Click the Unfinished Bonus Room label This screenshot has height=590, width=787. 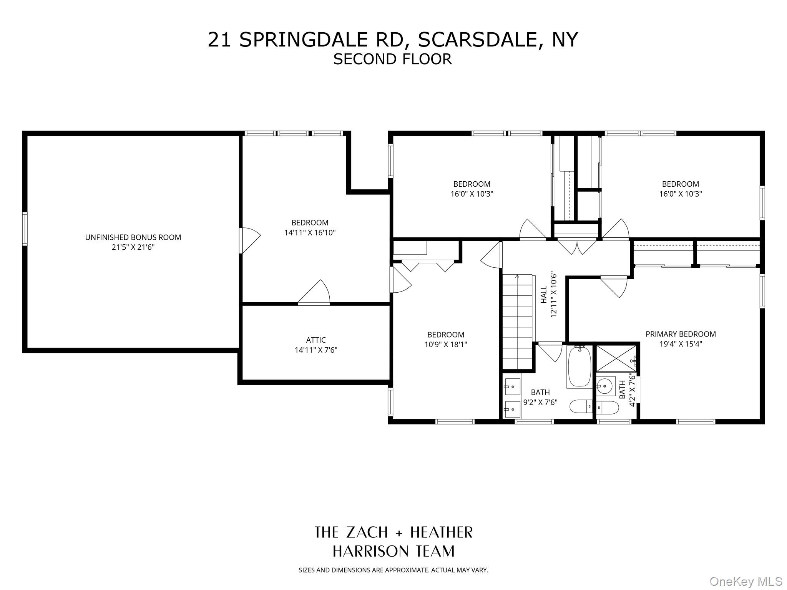(133, 237)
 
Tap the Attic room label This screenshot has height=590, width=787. (316, 340)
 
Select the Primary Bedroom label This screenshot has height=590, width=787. (681, 334)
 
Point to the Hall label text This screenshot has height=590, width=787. (544, 295)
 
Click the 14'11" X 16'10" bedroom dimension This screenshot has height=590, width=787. (310, 232)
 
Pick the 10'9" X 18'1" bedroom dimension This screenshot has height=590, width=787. (446, 345)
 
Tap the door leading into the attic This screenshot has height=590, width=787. (314, 293)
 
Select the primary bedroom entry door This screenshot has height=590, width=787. (614, 287)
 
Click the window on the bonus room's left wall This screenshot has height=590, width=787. (25, 229)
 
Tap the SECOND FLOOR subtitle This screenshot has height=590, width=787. (392, 59)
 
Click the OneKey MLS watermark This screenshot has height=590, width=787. (746, 581)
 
